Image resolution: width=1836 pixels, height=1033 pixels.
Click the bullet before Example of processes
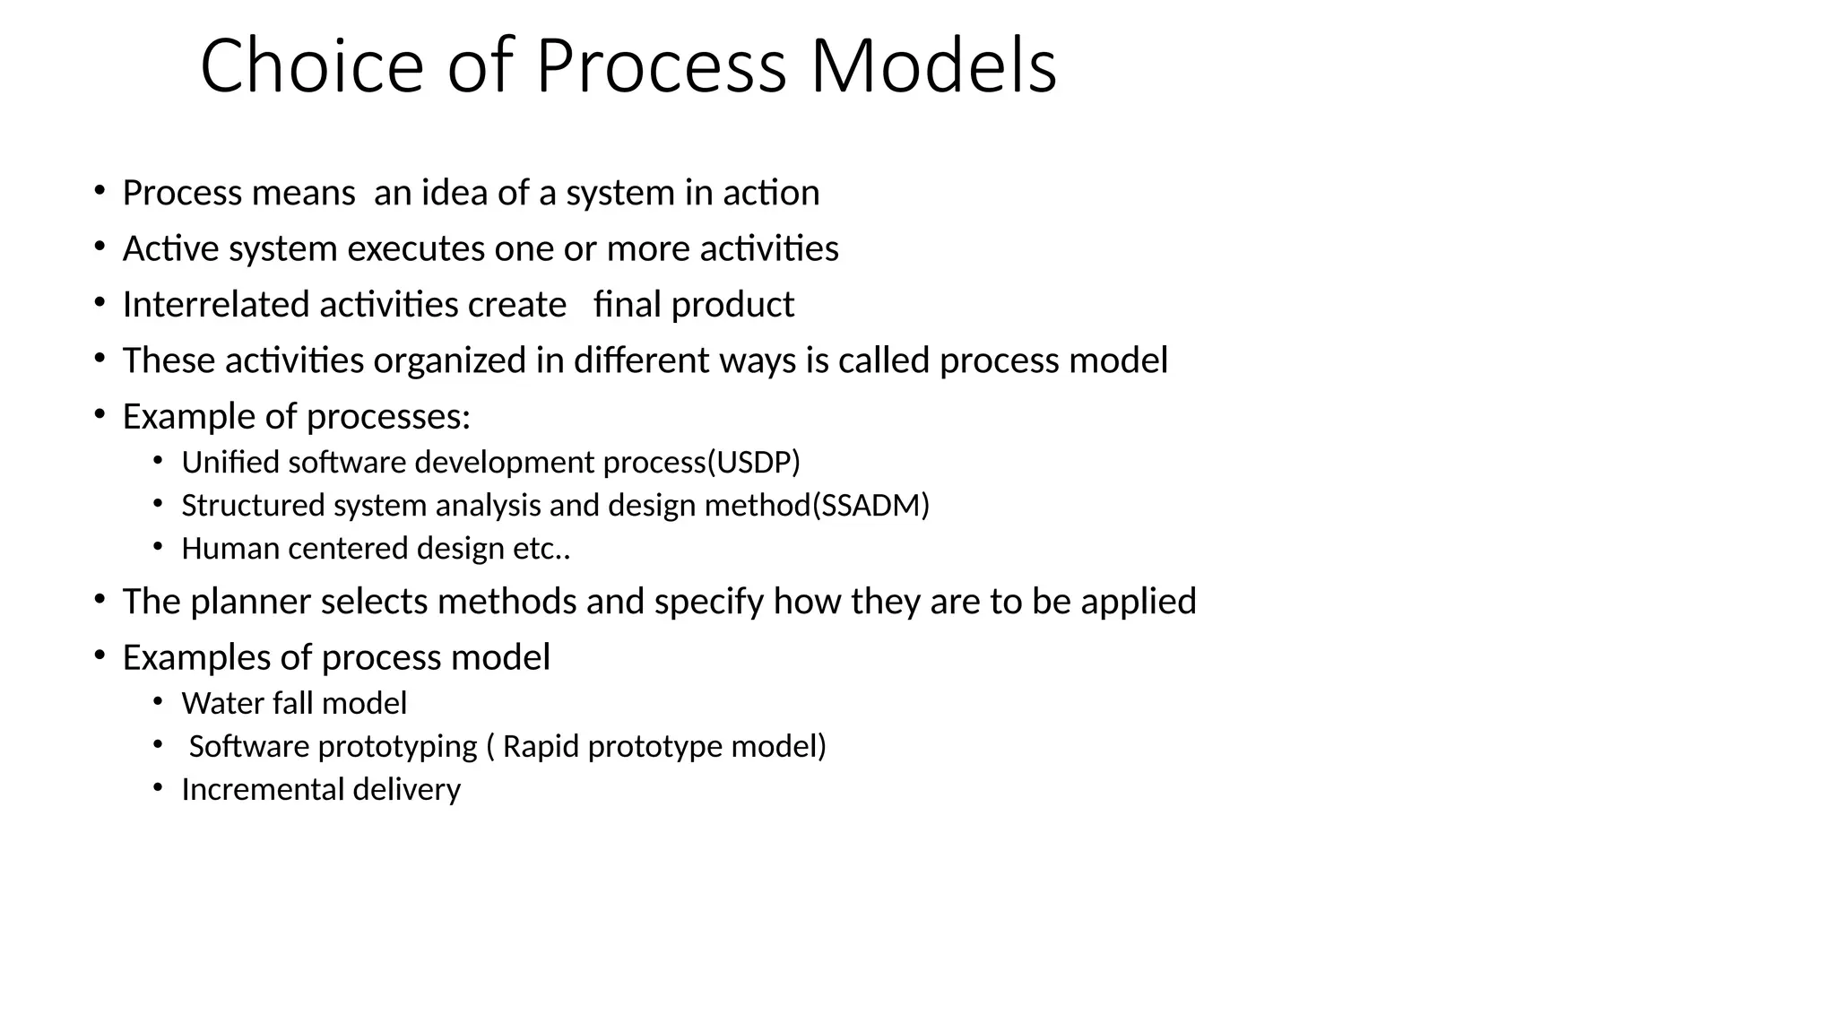pyautogui.click(x=100, y=415)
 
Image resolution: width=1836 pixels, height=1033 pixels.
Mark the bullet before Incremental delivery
pyautogui.click(x=159, y=787)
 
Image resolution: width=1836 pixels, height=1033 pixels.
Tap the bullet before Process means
pyautogui.click(x=100, y=191)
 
